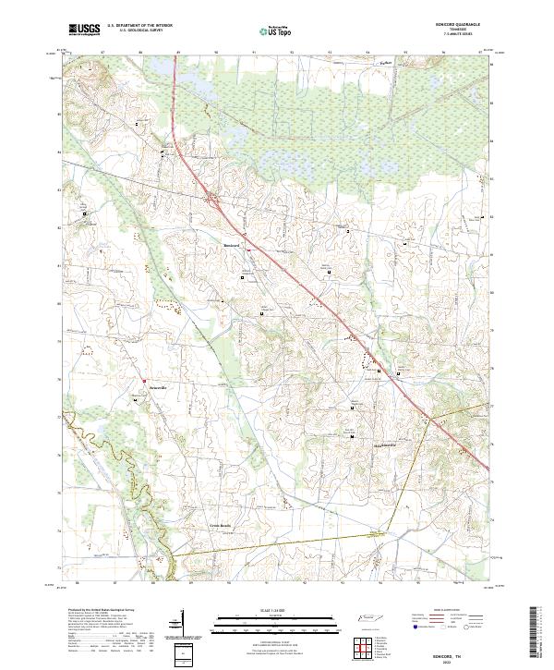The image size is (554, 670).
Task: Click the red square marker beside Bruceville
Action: point(144,379)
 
